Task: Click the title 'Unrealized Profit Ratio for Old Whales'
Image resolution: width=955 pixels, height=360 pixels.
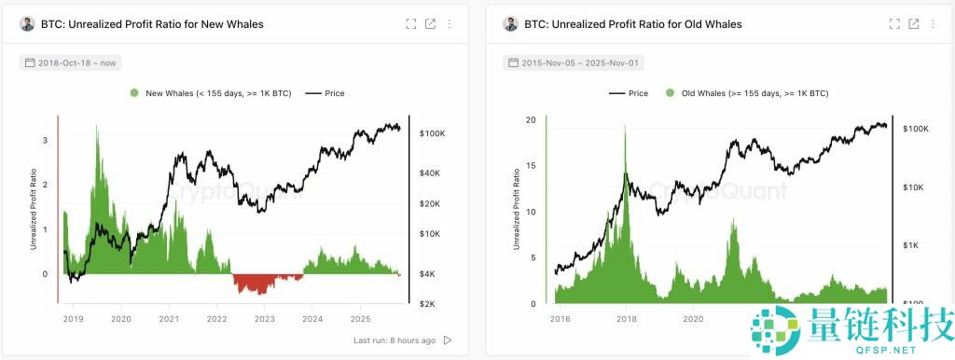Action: click(634, 24)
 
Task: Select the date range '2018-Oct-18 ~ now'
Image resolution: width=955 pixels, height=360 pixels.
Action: click(71, 62)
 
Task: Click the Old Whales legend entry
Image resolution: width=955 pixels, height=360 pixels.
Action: click(746, 93)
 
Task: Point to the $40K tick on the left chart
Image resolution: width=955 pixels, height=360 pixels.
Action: click(430, 173)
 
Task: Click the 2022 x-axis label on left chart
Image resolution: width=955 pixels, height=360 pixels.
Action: click(216, 319)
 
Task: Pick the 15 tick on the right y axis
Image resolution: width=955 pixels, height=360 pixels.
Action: click(531, 166)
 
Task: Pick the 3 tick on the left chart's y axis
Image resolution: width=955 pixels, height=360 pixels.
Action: click(45, 140)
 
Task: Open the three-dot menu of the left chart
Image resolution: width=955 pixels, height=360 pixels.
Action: click(450, 24)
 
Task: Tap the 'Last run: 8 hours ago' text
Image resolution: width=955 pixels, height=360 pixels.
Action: click(395, 340)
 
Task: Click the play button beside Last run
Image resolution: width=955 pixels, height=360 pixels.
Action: click(448, 340)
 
